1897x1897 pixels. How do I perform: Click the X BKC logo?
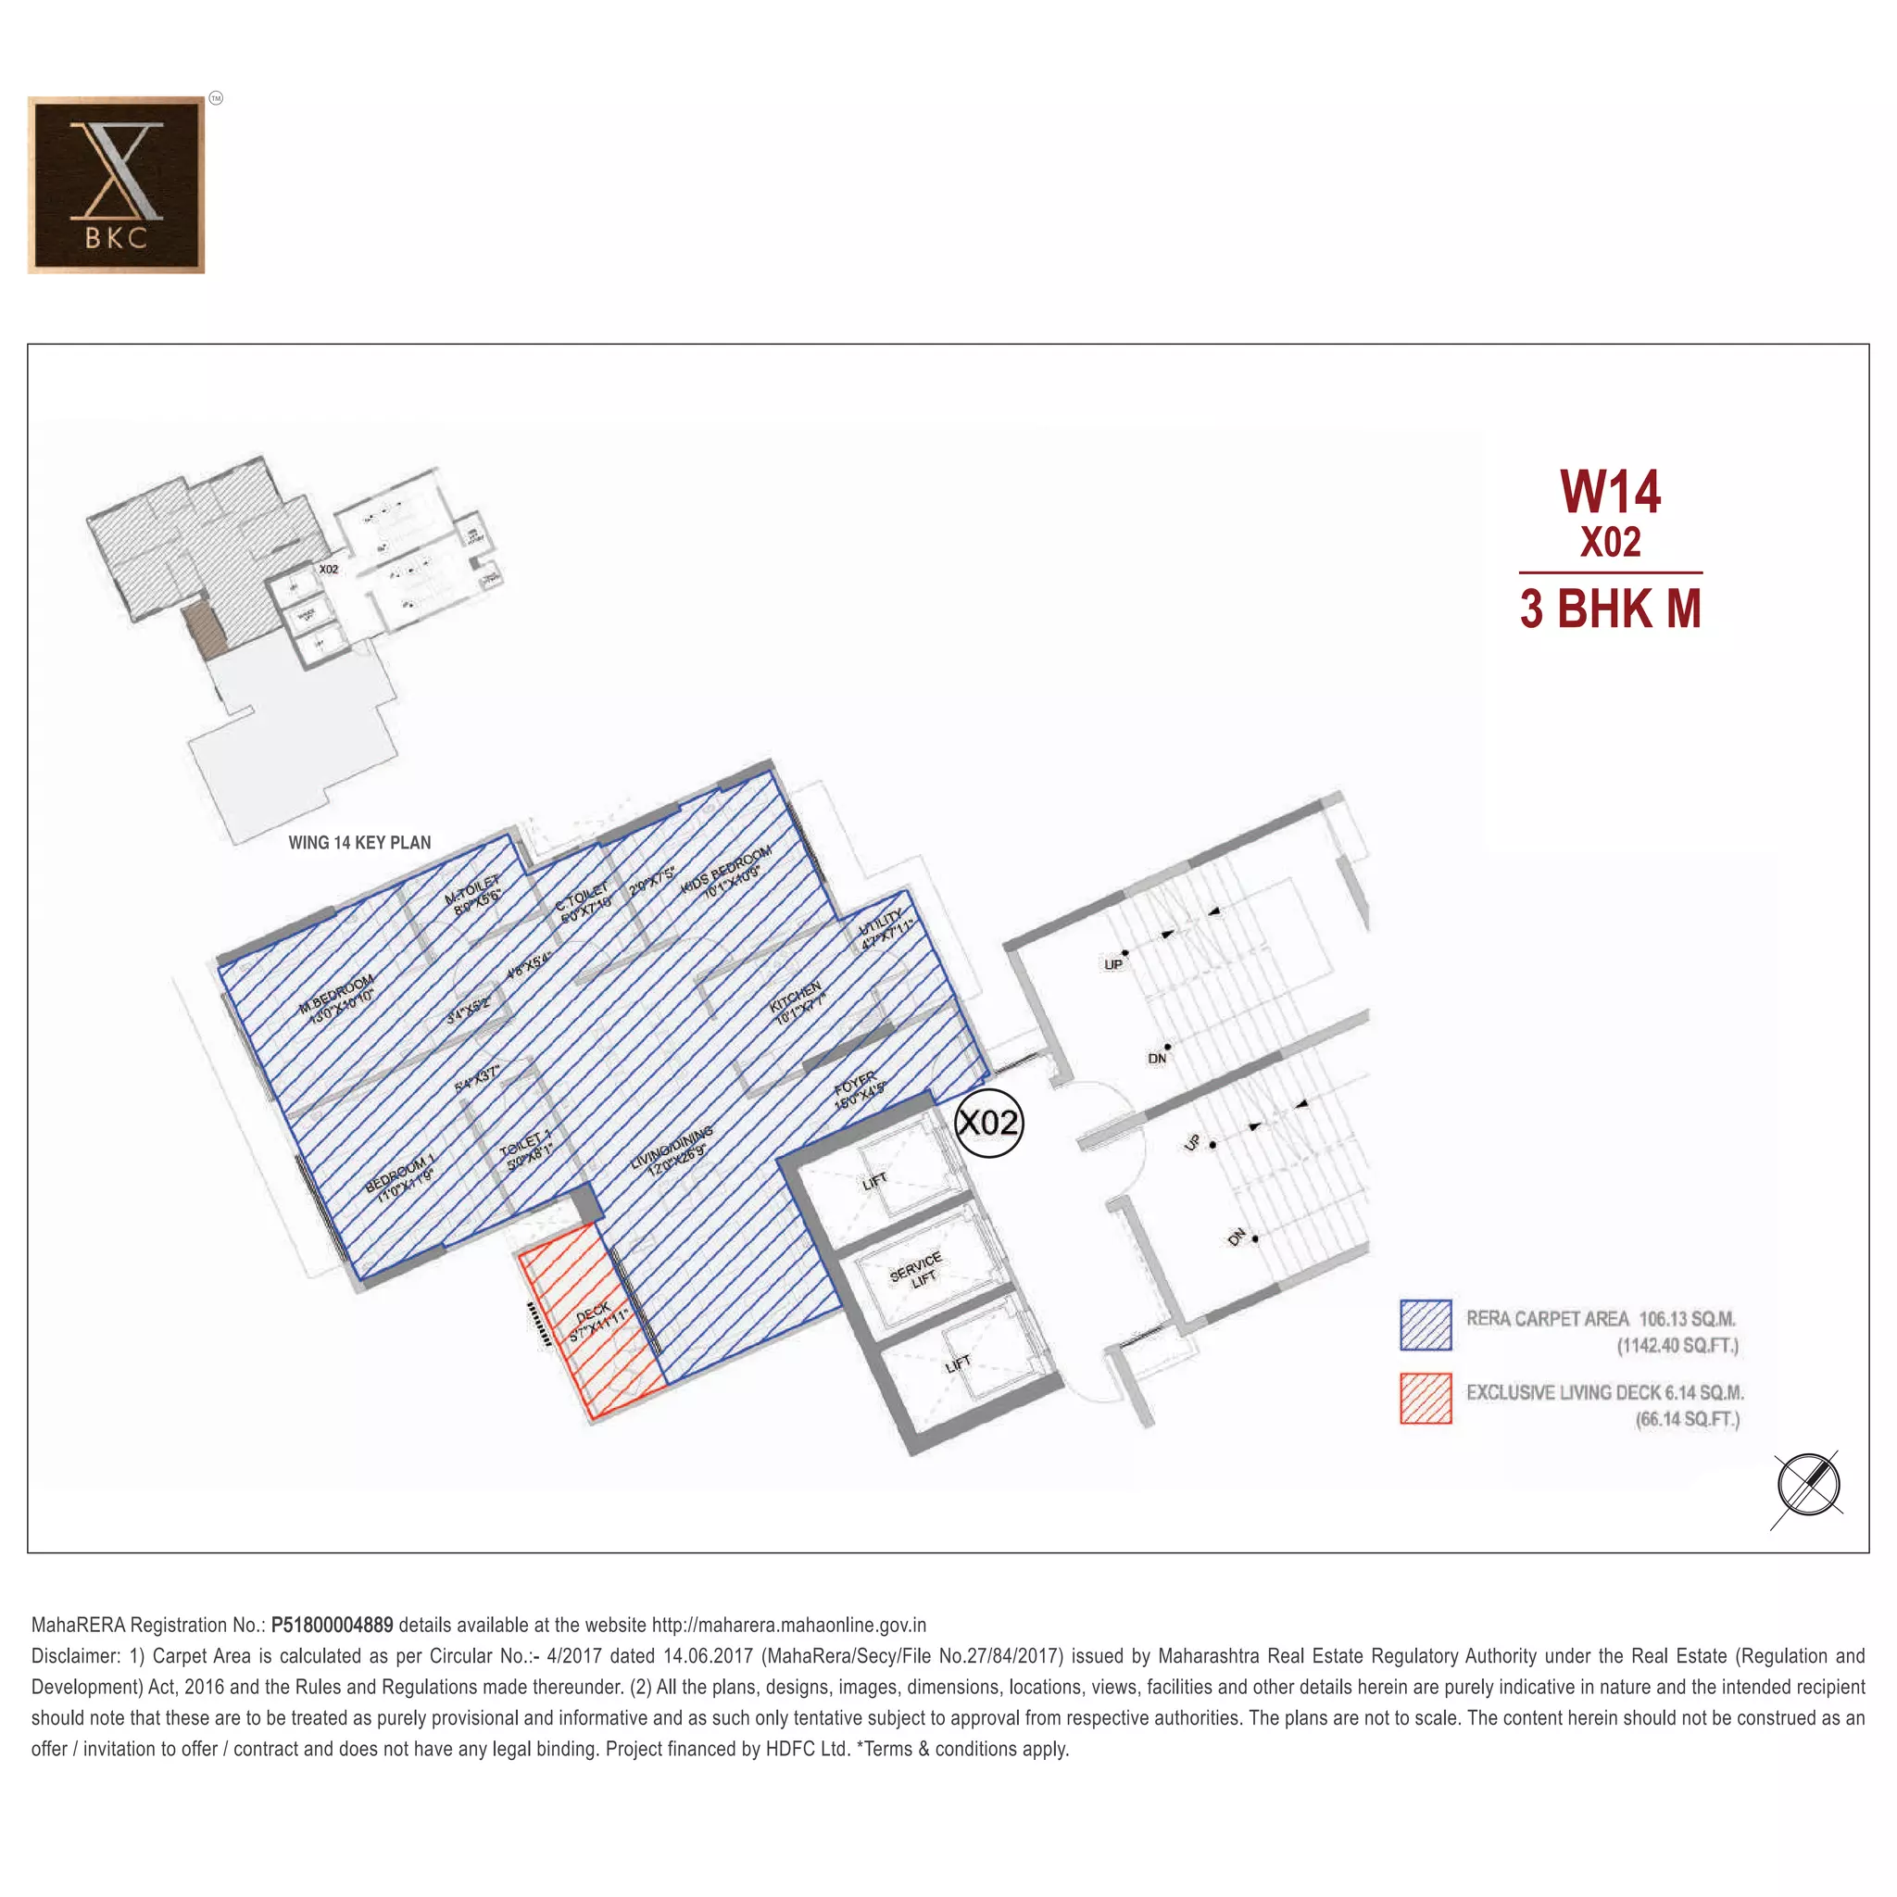coord(116,184)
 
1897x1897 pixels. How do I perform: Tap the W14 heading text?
coord(1610,492)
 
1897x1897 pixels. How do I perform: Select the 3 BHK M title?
coord(1610,609)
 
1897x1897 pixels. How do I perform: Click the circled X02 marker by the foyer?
coord(988,1123)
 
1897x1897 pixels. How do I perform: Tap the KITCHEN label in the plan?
coord(797,1002)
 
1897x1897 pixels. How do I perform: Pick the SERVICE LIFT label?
coord(916,1268)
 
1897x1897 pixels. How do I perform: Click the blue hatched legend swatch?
coord(1426,1325)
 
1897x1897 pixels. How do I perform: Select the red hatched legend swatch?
coord(1426,1398)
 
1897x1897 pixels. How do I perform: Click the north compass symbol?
coord(1808,1485)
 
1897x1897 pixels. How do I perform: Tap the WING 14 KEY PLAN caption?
coord(359,843)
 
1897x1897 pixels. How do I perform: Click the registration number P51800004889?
coord(332,1625)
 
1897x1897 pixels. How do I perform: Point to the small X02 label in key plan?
coord(328,570)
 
